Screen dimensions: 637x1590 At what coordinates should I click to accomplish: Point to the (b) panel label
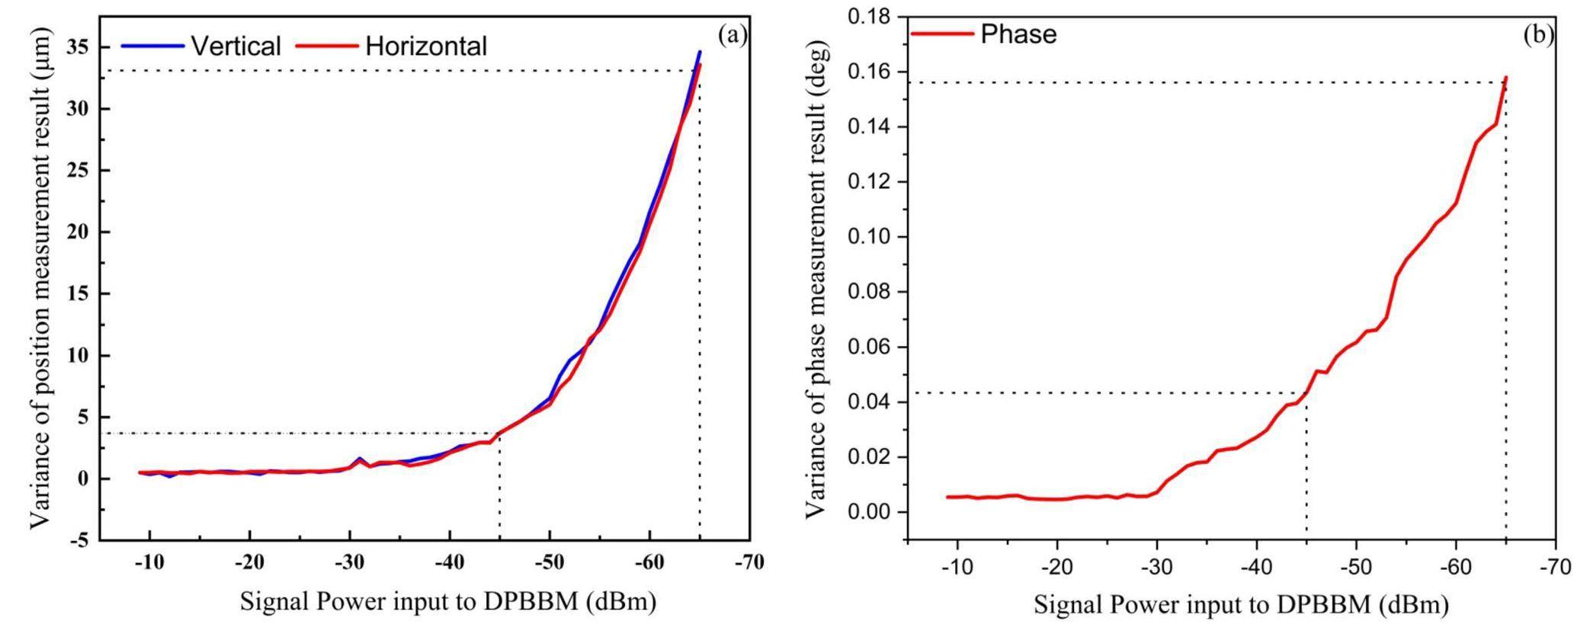[1537, 34]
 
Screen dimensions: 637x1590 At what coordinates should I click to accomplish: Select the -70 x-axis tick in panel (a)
[749, 563]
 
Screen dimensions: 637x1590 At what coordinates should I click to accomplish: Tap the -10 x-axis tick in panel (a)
[149, 563]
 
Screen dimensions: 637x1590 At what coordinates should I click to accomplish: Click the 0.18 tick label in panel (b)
[869, 17]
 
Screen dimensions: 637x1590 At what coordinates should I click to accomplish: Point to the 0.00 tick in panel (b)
[869, 512]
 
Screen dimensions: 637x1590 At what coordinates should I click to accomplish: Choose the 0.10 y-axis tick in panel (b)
[869, 237]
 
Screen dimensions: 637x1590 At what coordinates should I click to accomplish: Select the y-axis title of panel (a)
[40, 278]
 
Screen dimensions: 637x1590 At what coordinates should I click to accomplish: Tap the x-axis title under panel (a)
[447, 602]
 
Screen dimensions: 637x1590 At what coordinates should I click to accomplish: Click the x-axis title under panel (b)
[1240, 606]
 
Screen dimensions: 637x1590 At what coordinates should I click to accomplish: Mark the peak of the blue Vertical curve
[700, 52]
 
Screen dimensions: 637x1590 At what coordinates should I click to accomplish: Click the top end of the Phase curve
[1506, 77]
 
